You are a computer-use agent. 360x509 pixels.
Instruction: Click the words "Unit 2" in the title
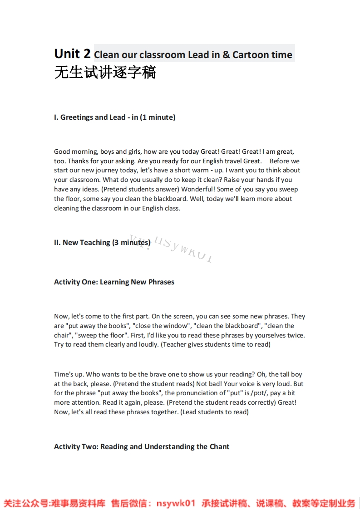72,54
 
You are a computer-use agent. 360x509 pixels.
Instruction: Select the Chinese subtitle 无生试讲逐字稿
105,73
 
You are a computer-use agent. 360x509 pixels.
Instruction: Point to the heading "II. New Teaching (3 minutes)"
102,243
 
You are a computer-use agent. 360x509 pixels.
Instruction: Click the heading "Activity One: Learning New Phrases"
114,282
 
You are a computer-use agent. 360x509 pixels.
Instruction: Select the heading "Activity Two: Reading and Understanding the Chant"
142,447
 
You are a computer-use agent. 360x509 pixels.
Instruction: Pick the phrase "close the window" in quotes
161,326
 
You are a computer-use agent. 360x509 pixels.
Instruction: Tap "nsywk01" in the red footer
176,503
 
